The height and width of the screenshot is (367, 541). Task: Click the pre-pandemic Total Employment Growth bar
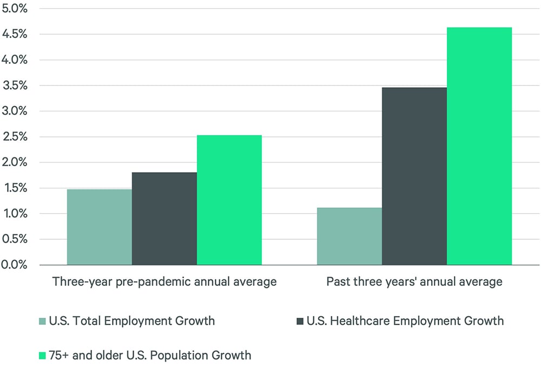[x=99, y=227]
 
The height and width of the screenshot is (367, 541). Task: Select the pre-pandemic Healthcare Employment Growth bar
[x=164, y=219]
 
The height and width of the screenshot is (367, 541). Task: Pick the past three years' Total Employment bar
[x=349, y=237]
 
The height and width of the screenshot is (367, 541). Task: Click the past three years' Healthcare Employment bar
[x=414, y=176]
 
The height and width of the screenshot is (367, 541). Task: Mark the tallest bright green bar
[x=479, y=146]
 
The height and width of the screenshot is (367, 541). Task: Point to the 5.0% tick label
[x=14, y=9]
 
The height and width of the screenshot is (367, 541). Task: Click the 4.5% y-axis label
[x=14, y=34]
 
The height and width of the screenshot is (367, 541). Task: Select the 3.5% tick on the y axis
[x=14, y=86]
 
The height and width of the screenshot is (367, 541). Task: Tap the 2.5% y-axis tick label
[x=14, y=137]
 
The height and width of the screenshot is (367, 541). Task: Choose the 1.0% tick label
[x=14, y=214]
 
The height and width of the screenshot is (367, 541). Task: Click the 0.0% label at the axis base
[x=14, y=265]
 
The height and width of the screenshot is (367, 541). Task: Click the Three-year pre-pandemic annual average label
[x=164, y=282]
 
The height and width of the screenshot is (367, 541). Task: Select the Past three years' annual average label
[x=414, y=282]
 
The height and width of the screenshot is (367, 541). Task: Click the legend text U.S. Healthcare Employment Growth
[x=405, y=321]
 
